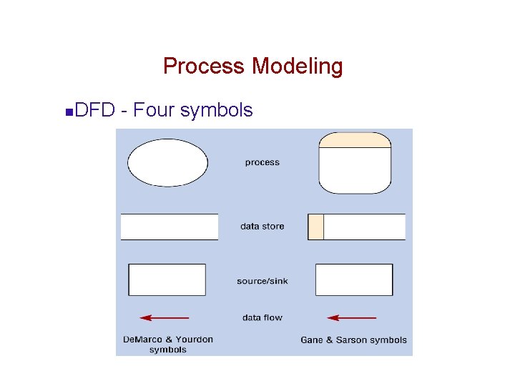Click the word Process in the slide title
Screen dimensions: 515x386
[204, 66]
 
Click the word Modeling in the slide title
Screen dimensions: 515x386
[297, 66]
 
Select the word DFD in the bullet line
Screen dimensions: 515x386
[96, 110]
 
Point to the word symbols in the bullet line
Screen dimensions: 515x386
[217, 110]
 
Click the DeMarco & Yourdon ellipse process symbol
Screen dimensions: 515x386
[167, 163]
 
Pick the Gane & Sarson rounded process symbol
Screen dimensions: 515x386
[355, 170]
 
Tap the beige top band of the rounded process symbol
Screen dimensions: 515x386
[355, 140]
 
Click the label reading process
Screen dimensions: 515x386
[262, 162]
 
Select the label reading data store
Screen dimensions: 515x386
[262, 227]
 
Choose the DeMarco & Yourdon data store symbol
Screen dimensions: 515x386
[170, 227]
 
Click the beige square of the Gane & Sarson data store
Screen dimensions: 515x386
[315, 227]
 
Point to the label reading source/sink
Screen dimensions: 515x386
[262, 281]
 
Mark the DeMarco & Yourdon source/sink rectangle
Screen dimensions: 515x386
[167, 279]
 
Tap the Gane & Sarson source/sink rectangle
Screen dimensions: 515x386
[354, 279]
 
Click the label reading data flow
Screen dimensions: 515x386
[262, 317]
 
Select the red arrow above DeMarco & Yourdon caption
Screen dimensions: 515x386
[165, 317]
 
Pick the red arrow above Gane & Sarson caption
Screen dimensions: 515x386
[351, 317]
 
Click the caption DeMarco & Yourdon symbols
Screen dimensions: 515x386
[168, 345]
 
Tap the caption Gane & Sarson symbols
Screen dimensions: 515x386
[353, 340]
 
